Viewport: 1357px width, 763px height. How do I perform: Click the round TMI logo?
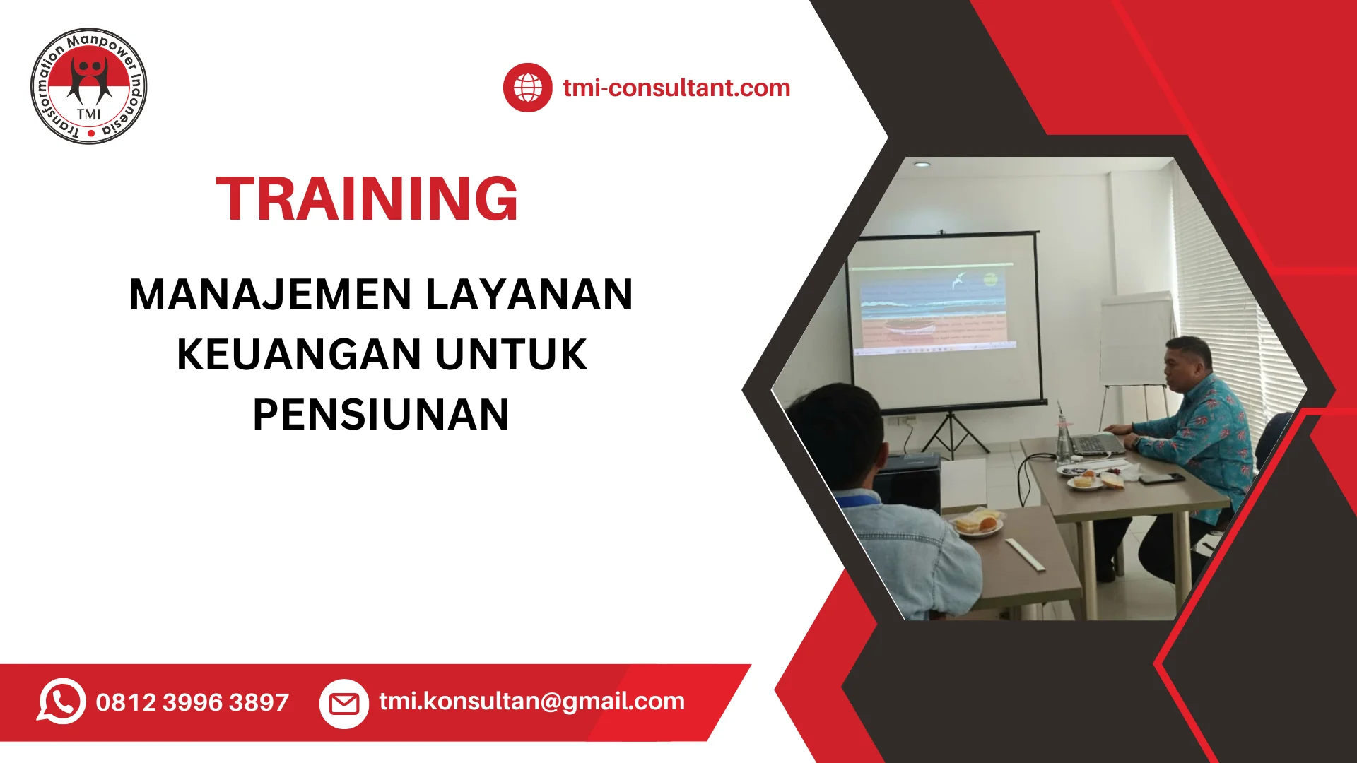pos(89,86)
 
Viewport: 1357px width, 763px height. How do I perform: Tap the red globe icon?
pos(527,88)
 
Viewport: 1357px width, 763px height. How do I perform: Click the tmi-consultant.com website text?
pos(676,88)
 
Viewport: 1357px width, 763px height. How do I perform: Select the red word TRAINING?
pos(367,199)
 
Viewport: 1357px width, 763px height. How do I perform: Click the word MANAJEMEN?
pos(271,295)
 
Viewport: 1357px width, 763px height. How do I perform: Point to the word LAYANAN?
pos(529,295)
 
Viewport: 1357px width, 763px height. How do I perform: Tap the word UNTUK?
pos(511,355)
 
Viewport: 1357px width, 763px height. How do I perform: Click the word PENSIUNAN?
pos(381,415)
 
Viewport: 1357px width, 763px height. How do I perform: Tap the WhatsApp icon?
pos(61,702)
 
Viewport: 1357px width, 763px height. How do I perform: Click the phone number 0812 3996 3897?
pos(192,702)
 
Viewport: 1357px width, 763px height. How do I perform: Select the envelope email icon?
pos(344,704)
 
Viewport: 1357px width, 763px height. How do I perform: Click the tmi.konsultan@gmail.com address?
pos(531,701)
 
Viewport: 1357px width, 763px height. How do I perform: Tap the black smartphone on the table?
pos(1161,478)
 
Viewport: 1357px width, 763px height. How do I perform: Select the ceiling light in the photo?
pos(921,165)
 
